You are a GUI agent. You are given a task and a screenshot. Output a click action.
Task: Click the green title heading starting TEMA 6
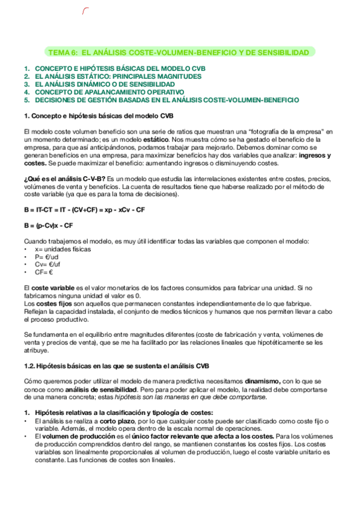click(180, 53)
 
